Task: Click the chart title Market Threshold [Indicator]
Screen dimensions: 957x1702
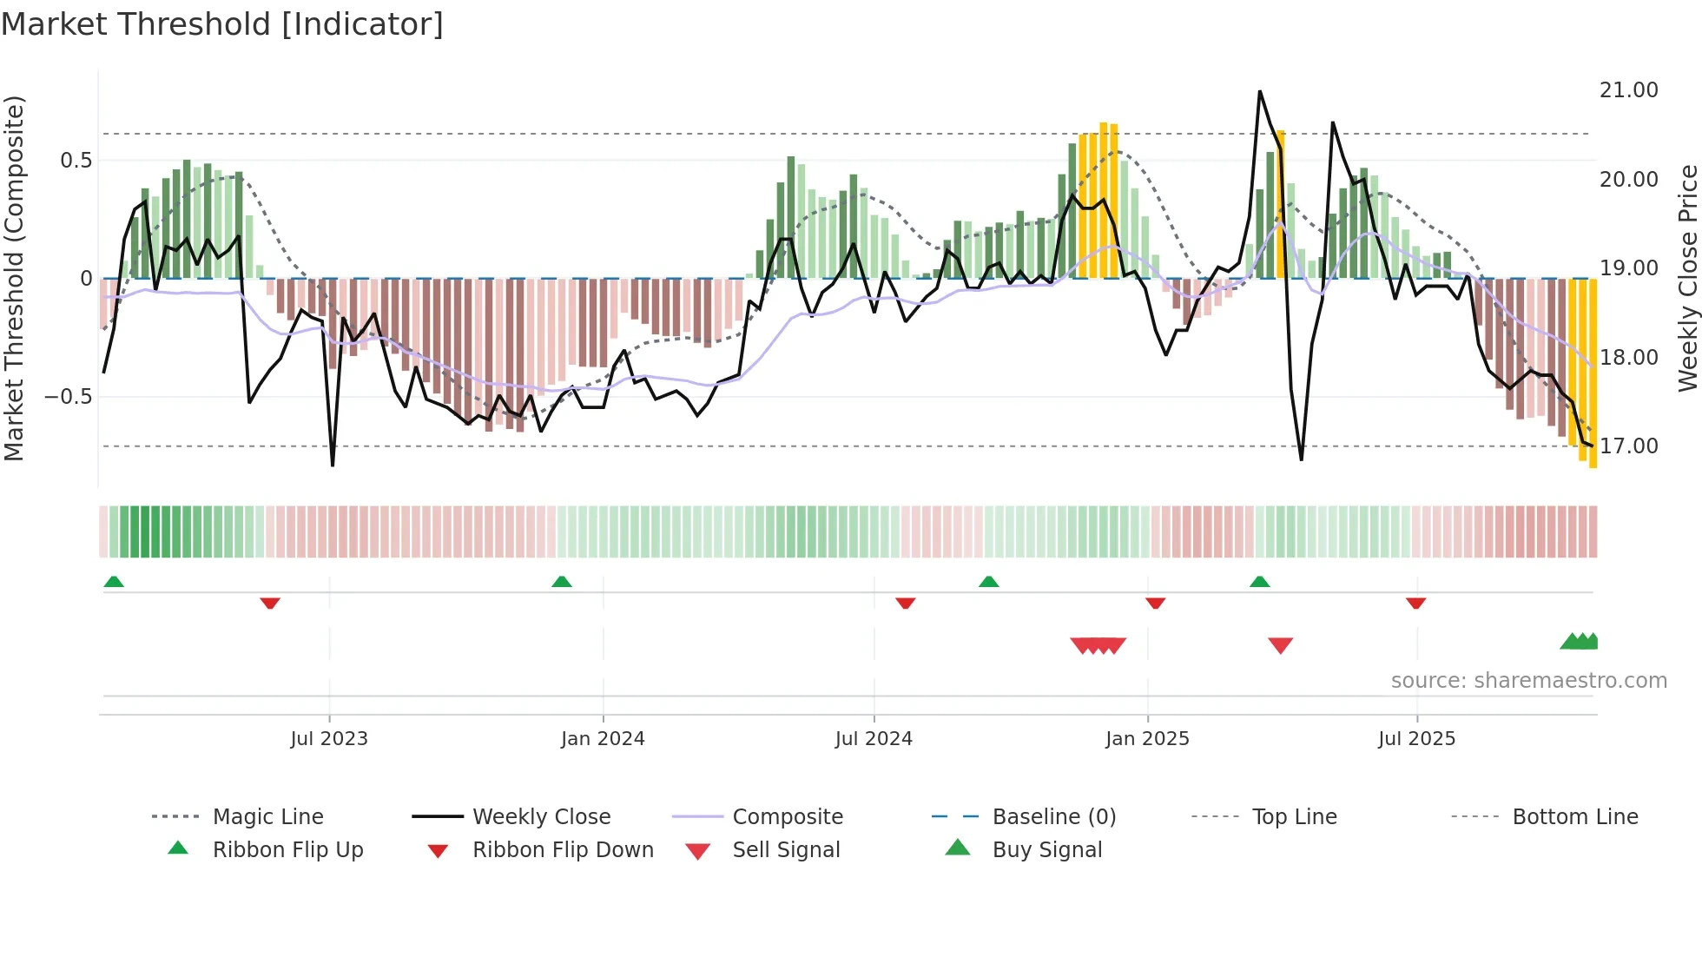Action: coord(222,24)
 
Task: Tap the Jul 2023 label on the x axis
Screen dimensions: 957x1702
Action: coord(329,739)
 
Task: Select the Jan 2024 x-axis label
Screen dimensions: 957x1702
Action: coord(603,739)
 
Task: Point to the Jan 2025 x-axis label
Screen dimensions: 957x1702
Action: coord(1147,739)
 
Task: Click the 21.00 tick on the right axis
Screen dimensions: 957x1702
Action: coord(1628,90)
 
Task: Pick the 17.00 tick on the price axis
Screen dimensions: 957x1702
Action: coord(1628,446)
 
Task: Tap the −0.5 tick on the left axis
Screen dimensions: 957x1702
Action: coord(68,397)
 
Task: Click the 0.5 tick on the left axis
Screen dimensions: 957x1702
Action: coord(76,161)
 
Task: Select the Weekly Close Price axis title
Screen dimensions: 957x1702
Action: coord(1687,278)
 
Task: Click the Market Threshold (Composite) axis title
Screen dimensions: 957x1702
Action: coord(14,278)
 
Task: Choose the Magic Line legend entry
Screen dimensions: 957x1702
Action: coord(267,817)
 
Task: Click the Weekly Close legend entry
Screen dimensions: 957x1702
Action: coord(541,817)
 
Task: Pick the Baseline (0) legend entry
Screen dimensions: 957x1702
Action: coord(1053,817)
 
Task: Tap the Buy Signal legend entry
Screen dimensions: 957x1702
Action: coord(1046,850)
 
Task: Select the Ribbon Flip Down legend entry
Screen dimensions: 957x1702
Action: coord(562,850)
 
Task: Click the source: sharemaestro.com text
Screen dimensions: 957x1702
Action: coord(1528,681)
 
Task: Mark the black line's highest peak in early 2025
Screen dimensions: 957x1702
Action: coord(1259,91)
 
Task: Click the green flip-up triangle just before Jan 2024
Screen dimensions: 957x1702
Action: coord(562,582)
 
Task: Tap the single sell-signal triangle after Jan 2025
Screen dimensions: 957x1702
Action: coord(1280,645)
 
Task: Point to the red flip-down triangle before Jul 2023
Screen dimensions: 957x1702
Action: coord(270,603)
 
